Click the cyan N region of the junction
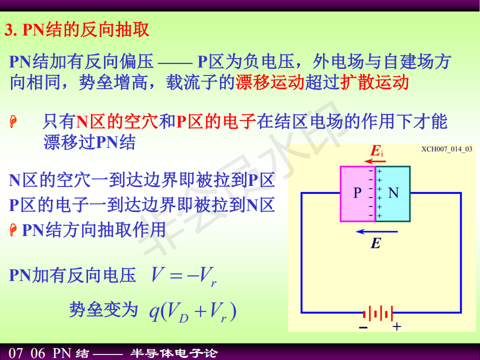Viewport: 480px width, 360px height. pos(393,194)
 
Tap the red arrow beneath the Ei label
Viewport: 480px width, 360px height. pos(375,161)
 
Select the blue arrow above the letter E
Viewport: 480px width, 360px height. pos(376,231)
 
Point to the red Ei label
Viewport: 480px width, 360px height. pos(377,150)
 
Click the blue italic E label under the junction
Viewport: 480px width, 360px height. pos(375,243)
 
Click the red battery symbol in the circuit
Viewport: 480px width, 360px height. pos(378,313)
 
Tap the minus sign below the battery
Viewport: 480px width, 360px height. pos(363,328)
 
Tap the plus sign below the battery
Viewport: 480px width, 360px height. pos(396,326)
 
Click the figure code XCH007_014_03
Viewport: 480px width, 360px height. pos(446,149)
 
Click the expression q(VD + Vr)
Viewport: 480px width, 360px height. pos(192,311)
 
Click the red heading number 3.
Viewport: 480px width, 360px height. pos(10,30)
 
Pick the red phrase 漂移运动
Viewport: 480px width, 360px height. pos(270,82)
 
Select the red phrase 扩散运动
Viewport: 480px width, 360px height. pos(374,82)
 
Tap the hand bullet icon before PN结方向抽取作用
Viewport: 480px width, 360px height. pos(13,230)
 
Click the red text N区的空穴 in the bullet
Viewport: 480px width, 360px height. pos(117,121)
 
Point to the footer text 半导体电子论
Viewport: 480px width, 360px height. pos(174,353)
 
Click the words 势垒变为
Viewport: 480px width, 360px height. pos(103,309)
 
